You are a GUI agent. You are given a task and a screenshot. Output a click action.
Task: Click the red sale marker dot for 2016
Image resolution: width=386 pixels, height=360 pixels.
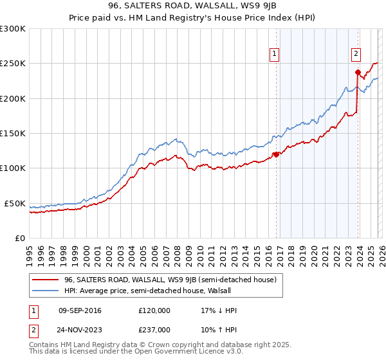tap(276, 154)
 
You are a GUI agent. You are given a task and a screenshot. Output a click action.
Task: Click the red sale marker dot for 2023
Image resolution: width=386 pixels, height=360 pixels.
tap(358, 72)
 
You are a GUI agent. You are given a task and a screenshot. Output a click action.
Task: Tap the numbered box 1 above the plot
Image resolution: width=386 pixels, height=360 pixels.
tap(275, 54)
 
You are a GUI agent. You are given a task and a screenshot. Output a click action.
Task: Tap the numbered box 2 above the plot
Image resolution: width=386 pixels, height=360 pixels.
tap(356, 54)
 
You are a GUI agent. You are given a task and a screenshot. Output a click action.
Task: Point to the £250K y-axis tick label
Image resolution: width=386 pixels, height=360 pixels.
tap(12, 64)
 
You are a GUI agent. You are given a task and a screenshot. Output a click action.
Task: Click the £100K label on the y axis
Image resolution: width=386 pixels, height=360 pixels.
tap(12, 168)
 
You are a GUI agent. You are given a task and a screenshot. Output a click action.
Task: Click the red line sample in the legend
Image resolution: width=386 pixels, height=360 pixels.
tap(46, 280)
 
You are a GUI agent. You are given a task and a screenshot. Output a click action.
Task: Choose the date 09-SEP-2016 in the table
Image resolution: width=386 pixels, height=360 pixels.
tap(80, 310)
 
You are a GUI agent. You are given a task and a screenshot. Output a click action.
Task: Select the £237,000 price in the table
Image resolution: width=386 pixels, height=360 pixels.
tap(154, 329)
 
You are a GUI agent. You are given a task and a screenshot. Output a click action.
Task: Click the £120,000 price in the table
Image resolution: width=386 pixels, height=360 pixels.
tap(154, 310)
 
